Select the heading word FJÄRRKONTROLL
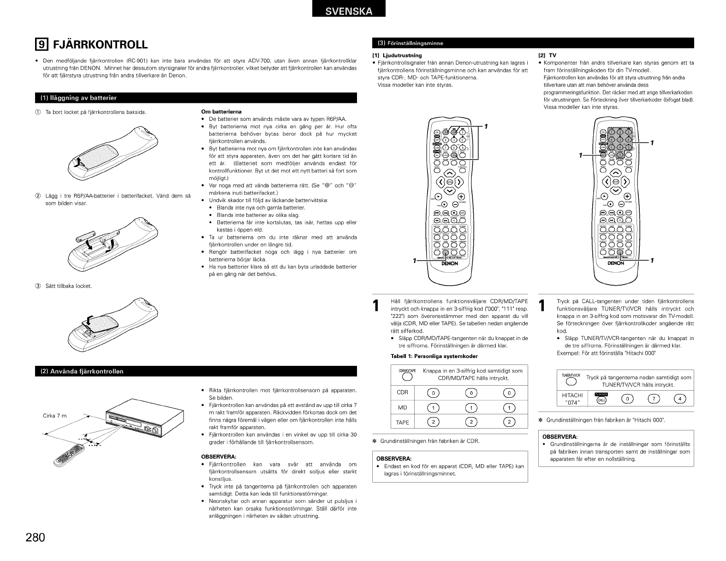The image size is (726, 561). (101, 44)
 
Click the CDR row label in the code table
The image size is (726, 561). (402, 393)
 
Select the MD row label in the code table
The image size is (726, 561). (402, 408)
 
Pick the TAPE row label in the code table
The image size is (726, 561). (402, 422)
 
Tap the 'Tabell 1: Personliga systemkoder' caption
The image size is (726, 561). (434, 356)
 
